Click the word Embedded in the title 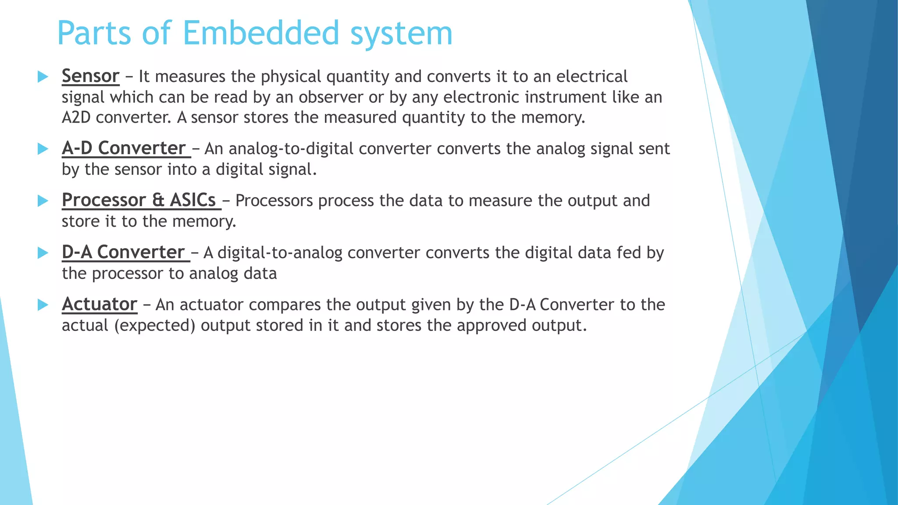261,33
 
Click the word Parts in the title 94,33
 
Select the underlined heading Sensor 90,76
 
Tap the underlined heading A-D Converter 124,149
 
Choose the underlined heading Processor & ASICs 139,200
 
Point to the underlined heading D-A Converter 123,252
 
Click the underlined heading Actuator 100,304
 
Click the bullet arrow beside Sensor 43,77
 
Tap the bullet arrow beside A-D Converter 43,149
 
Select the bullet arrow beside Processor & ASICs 43,201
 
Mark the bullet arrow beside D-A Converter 43,253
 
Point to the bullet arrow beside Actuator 43,305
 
